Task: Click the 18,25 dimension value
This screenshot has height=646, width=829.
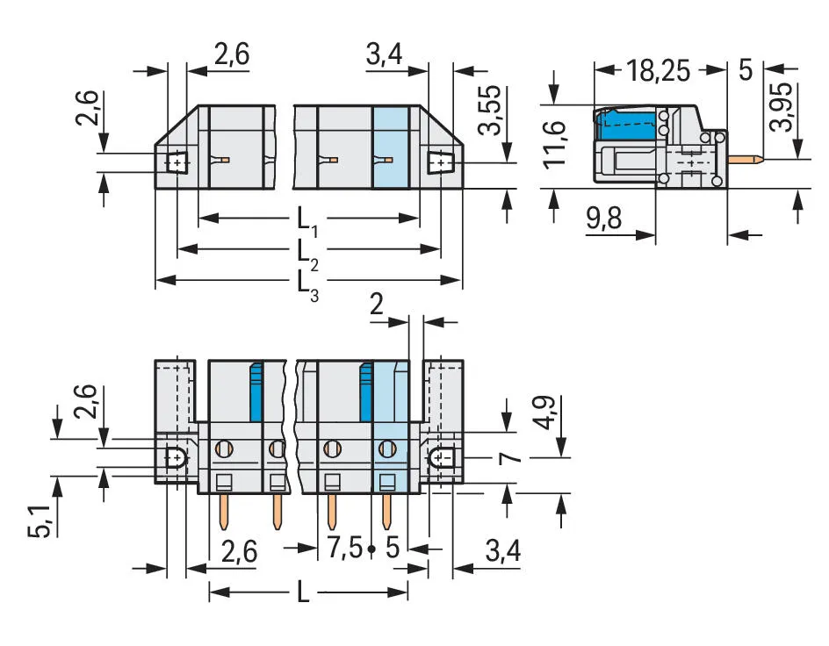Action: pos(659,70)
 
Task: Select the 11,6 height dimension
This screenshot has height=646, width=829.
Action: pos(555,145)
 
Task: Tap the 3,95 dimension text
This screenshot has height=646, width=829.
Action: pos(782,105)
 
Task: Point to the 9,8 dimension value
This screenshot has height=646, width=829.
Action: pos(604,218)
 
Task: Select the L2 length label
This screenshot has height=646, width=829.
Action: pos(307,253)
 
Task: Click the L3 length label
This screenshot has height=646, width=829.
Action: pos(307,284)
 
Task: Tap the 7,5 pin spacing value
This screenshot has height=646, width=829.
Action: pos(345,547)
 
